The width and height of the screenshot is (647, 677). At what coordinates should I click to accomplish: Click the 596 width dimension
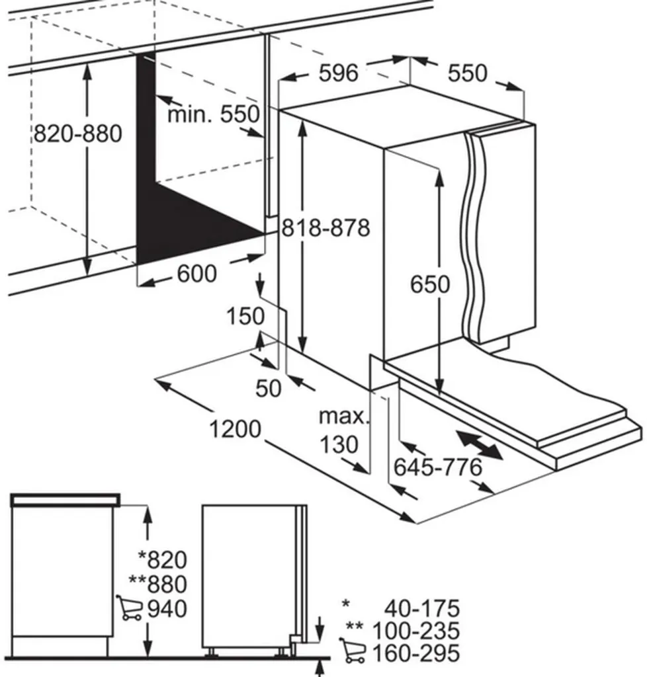tap(339, 73)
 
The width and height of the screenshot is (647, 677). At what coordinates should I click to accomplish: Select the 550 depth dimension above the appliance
tap(467, 73)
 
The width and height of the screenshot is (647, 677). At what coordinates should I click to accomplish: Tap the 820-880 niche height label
tap(78, 134)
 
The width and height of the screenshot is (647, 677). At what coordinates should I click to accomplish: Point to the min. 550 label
tap(214, 114)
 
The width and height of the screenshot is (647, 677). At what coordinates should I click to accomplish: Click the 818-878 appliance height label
tap(325, 227)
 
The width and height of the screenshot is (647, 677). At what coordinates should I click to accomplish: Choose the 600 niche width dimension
tap(197, 274)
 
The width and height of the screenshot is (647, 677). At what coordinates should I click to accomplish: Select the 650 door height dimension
tap(430, 284)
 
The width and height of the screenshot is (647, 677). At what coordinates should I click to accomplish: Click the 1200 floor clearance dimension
tap(236, 428)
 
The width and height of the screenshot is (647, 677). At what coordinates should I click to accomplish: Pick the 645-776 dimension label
tap(437, 467)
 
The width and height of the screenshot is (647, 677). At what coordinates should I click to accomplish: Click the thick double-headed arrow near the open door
tap(480, 445)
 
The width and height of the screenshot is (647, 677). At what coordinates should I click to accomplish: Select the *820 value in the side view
tap(162, 559)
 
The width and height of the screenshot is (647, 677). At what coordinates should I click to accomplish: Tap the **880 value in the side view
tap(158, 584)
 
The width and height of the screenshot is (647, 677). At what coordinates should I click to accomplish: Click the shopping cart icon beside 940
tap(129, 608)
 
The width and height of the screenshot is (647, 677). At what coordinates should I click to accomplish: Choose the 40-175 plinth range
tap(422, 609)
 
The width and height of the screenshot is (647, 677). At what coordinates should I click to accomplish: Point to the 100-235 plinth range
tap(415, 631)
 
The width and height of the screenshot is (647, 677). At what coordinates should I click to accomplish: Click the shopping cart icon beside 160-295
tap(352, 651)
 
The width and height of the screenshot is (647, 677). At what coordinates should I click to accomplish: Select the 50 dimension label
tap(268, 387)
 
